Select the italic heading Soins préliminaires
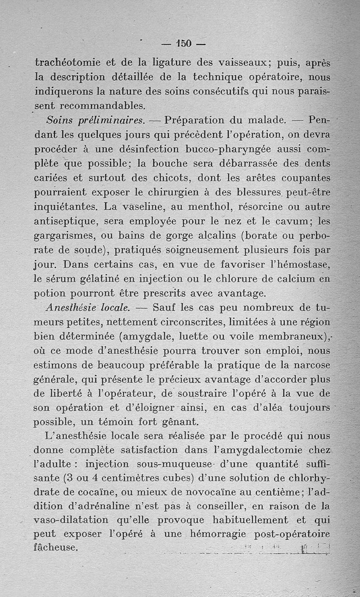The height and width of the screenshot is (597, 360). (x=95, y=121)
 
